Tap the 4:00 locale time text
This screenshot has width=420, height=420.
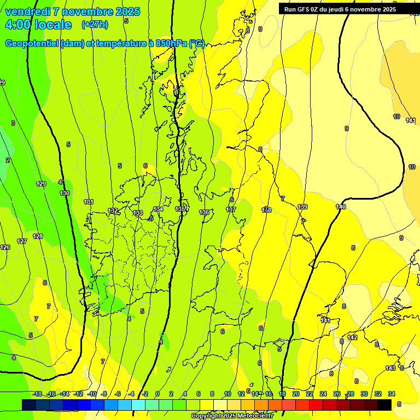pyautogui.click(x=38, y=25)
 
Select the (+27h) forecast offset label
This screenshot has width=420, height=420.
pyautogui.click(x=94, y=25)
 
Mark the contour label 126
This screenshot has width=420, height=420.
pyautogui.click(x=4, y=248)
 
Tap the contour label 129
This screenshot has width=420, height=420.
pyautogui.click(x=41, y=184)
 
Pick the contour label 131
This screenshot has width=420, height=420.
pyautogui.click(x=89, y=202)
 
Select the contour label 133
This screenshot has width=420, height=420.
pyautogui.click(x=138, y=213)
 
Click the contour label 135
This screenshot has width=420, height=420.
pyautogui.click(x=180, y=209)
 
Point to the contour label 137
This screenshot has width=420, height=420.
pyautogui.click(x=231, y=209)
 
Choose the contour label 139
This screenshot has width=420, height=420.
pyautogui.click(x=302, y=207)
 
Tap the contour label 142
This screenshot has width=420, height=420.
pyautogui.click(x=353, y=337)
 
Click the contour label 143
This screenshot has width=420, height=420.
pyautogui.click(x=390, y=368)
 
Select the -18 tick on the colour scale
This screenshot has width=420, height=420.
pyautogui.click(x=37, y=394)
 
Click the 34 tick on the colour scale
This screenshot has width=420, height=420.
pyautogui.click(x=392, y=394)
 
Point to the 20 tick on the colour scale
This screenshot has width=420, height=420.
pyautogui.click(x=296, y=394)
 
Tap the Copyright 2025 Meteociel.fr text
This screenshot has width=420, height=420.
pyautogui.click(x=232, y=416)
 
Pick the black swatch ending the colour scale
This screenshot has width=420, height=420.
pyautogui.click(x=384, y=405)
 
